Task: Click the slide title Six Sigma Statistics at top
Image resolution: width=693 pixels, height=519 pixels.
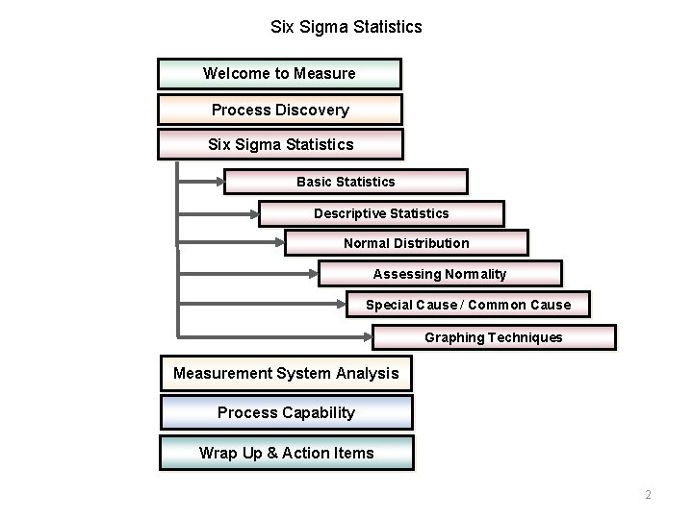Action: (346, 27)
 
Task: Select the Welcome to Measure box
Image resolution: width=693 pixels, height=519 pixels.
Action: (279, 74)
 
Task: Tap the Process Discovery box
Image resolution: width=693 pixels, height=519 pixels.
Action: (280, 110)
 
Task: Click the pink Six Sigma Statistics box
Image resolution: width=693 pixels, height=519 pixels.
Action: (280, 144)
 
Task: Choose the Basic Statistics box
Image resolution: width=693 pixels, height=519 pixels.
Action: (346, 182)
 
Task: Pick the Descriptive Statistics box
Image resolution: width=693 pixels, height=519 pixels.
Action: (381, 213)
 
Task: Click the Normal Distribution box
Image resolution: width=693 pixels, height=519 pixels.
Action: (406, 243)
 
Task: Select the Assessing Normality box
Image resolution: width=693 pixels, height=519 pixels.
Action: (440, 274)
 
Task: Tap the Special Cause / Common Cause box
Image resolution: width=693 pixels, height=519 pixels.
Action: (468, 305)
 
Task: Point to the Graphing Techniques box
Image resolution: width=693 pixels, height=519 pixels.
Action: (494, 337)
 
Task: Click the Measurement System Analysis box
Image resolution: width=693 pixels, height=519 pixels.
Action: (286, 374)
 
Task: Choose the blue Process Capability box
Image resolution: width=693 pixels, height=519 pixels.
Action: (286, 412)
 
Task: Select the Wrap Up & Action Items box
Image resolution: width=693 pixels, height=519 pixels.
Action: (286, 453)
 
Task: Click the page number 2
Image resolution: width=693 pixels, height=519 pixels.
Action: (648, 495)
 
